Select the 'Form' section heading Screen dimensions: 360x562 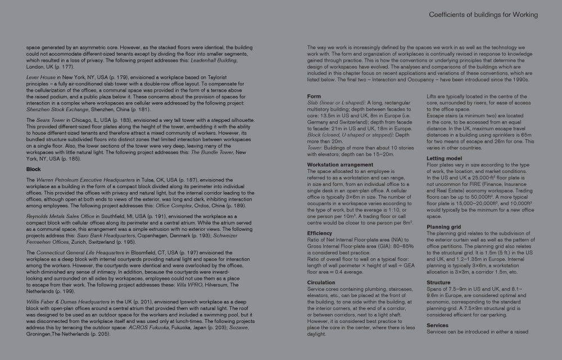[x=314, y=97]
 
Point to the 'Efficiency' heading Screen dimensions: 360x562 [x=320, y=233]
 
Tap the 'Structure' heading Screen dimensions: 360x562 [x=438, y=282]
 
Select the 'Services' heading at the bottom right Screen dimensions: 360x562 [x=437, y=325]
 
